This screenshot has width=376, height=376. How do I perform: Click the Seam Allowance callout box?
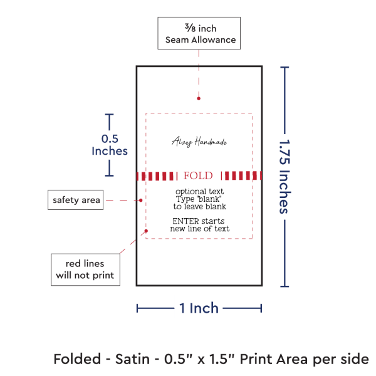pos(198,33)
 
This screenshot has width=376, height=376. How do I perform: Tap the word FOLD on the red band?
pos(198,175)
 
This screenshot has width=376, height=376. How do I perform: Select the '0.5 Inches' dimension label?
pos(110,144)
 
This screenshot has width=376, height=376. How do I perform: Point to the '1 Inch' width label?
pos(199,308)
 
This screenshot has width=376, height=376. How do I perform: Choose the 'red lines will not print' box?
pos(85,269)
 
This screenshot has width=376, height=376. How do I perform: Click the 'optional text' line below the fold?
pos(199,191)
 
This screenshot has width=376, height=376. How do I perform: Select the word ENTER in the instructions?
pos(186,221)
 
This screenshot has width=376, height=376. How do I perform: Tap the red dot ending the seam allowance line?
pos(199,98)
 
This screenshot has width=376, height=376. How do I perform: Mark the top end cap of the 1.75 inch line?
pos(286,67)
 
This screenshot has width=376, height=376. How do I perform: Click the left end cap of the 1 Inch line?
pos(137,308)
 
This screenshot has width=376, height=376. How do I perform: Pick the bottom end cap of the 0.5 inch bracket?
pos(110,175)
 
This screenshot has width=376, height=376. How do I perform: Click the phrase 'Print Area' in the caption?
pos(276,359)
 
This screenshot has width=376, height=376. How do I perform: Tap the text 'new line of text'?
pos(199,229)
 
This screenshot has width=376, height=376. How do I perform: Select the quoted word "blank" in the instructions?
pos(207,198)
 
